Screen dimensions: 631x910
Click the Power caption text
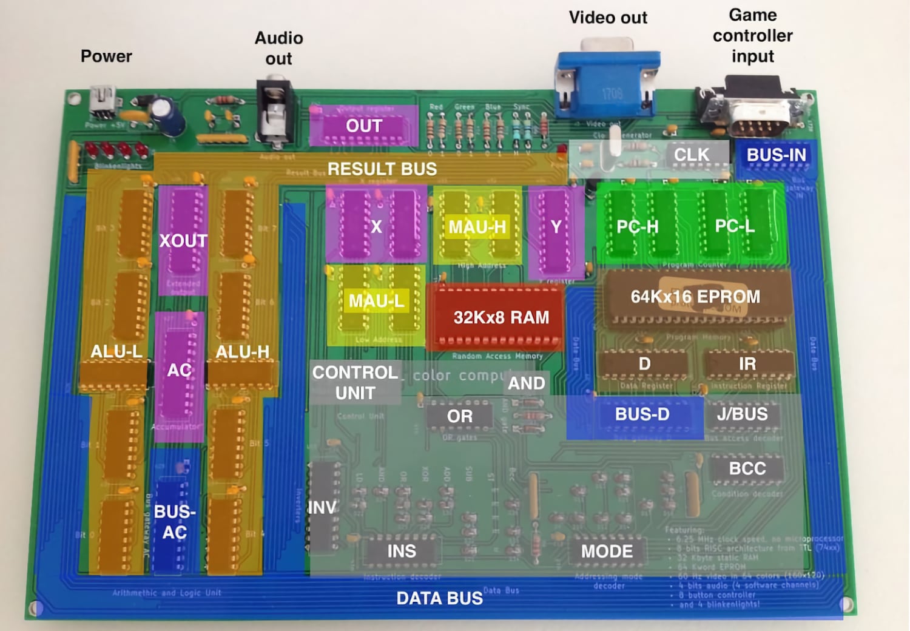click(x=106, y=56)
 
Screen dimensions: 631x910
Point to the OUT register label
click(x=364, y=126)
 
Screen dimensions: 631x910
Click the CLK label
click(x=692, y=155)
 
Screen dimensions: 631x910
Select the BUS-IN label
click(x=776, y=155)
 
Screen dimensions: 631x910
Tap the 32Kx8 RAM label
click(x=501, y=317)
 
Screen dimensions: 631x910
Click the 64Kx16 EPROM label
click(x=695, y=297)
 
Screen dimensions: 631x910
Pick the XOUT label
click(x=183, y=241)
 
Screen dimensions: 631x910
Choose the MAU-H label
click(x=477, y=227)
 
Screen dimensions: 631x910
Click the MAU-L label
click(x=376, y=301)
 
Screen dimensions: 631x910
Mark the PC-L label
click(x=735, y=226)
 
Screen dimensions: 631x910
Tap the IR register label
click(x=747, y=364)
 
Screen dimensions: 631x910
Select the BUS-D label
click(x=642, y=414)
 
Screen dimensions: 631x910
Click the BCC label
click(x=747, y=469)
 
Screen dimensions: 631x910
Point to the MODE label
click(x=607, y=552)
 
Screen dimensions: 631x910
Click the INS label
click(x=402, y=552)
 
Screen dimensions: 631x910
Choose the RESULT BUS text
click(x=382, y=169)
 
